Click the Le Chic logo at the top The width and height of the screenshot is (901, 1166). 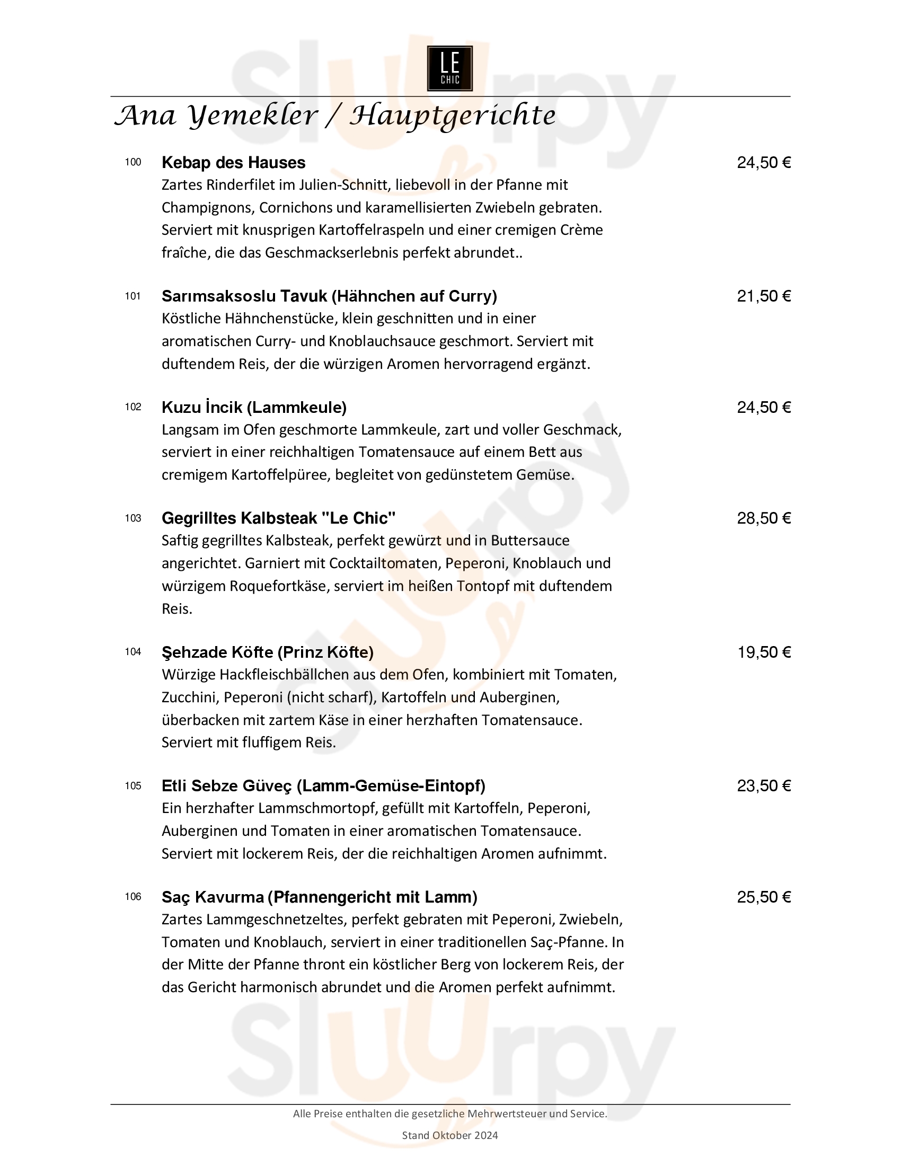[449, 68]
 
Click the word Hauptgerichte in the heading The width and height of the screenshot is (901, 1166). [453, 116]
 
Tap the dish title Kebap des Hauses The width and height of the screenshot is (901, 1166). [233, 162]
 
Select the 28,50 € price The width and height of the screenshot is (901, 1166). [763, 518]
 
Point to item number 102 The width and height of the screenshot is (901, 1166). [133, 407]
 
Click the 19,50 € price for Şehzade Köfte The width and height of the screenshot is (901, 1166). [764, 652]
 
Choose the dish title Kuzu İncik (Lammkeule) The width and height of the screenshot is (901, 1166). [254, 408]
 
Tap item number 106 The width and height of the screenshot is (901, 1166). [133, 896]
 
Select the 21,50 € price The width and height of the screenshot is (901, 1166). [763, 296]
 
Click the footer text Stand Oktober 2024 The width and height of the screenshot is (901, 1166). [449, 1135]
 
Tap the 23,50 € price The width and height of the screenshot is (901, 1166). [763, 785]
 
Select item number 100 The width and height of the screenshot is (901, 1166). [133, 162]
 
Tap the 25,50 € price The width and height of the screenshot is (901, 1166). [763, 897]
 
